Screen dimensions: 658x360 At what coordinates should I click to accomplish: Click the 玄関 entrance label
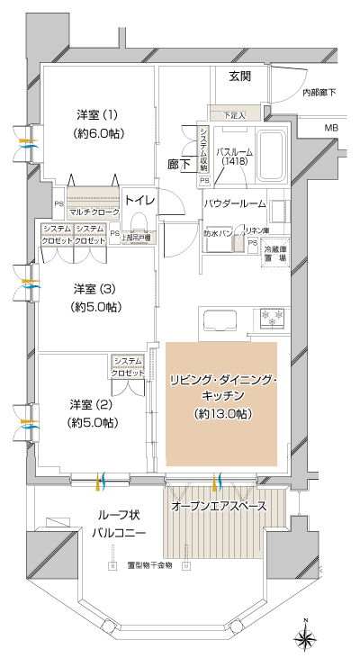pos(239,76)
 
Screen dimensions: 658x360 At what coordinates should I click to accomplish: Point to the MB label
pos(331,130)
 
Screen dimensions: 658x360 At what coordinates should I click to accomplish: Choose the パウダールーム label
pos(237,204)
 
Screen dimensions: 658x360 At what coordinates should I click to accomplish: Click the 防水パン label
pos(220,233)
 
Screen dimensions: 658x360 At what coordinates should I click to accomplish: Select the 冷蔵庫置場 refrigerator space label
pos(275,252)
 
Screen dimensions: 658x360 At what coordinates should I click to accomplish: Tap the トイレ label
pos(139,200)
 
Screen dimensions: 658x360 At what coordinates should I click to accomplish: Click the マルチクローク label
pos(94,212)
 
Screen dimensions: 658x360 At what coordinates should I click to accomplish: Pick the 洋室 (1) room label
pos(96,123)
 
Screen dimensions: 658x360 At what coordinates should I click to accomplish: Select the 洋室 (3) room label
pos(96,297)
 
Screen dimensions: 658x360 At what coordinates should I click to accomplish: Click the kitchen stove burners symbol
pos(271,316)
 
